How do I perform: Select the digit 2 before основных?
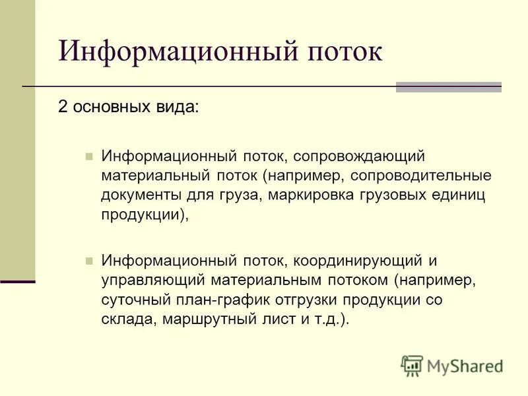63,108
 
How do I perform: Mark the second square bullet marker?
88,261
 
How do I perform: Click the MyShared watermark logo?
452,365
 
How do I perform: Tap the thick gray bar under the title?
448,87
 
